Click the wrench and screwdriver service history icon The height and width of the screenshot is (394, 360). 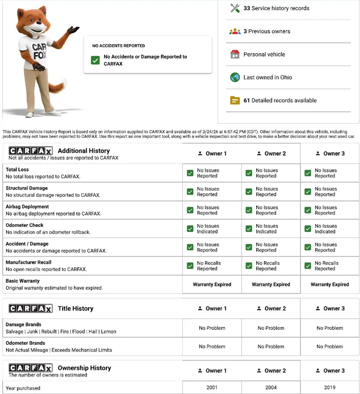pyautogui.click(x=235, y=8)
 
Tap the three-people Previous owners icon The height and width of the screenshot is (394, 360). pyautogui.click(x=235, y=31)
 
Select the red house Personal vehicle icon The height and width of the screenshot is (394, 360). pyautogui.click(x=235, y=54)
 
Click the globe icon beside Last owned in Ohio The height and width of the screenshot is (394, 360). pyautogui.click(x=235, y=77)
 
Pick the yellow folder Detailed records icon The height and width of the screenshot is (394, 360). pyautogui.click(x=235, y=101)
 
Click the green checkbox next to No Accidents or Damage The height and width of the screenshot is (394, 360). pyautogui.click(x=95, y=60)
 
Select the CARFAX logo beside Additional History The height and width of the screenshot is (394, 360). pyautogui.click(x=30, y=151)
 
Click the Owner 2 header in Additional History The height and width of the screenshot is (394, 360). pyautogui.click(x=271, y=153)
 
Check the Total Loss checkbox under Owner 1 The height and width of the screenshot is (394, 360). pyautogui.click(x=190, y=173)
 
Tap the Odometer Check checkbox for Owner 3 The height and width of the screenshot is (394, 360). pyautogui.click(x=308, y=229)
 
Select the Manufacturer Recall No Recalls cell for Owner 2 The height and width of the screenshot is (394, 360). pyautogui.click(x=268, y=266)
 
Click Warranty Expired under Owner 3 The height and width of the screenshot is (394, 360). pyautogui.click(x=330, y=284)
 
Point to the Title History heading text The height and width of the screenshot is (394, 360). pyautogui.click(x=75, y=308)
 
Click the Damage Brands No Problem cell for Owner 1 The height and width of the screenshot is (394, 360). pyautogui.click(x=212, y=328)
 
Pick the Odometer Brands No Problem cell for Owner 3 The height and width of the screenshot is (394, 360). pyautogui.click(x=330, y=346)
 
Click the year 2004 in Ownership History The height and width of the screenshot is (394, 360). pyautogui.click(x=271, y=388)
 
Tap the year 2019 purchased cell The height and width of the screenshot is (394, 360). pyautogui.click(x=330, y=388)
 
